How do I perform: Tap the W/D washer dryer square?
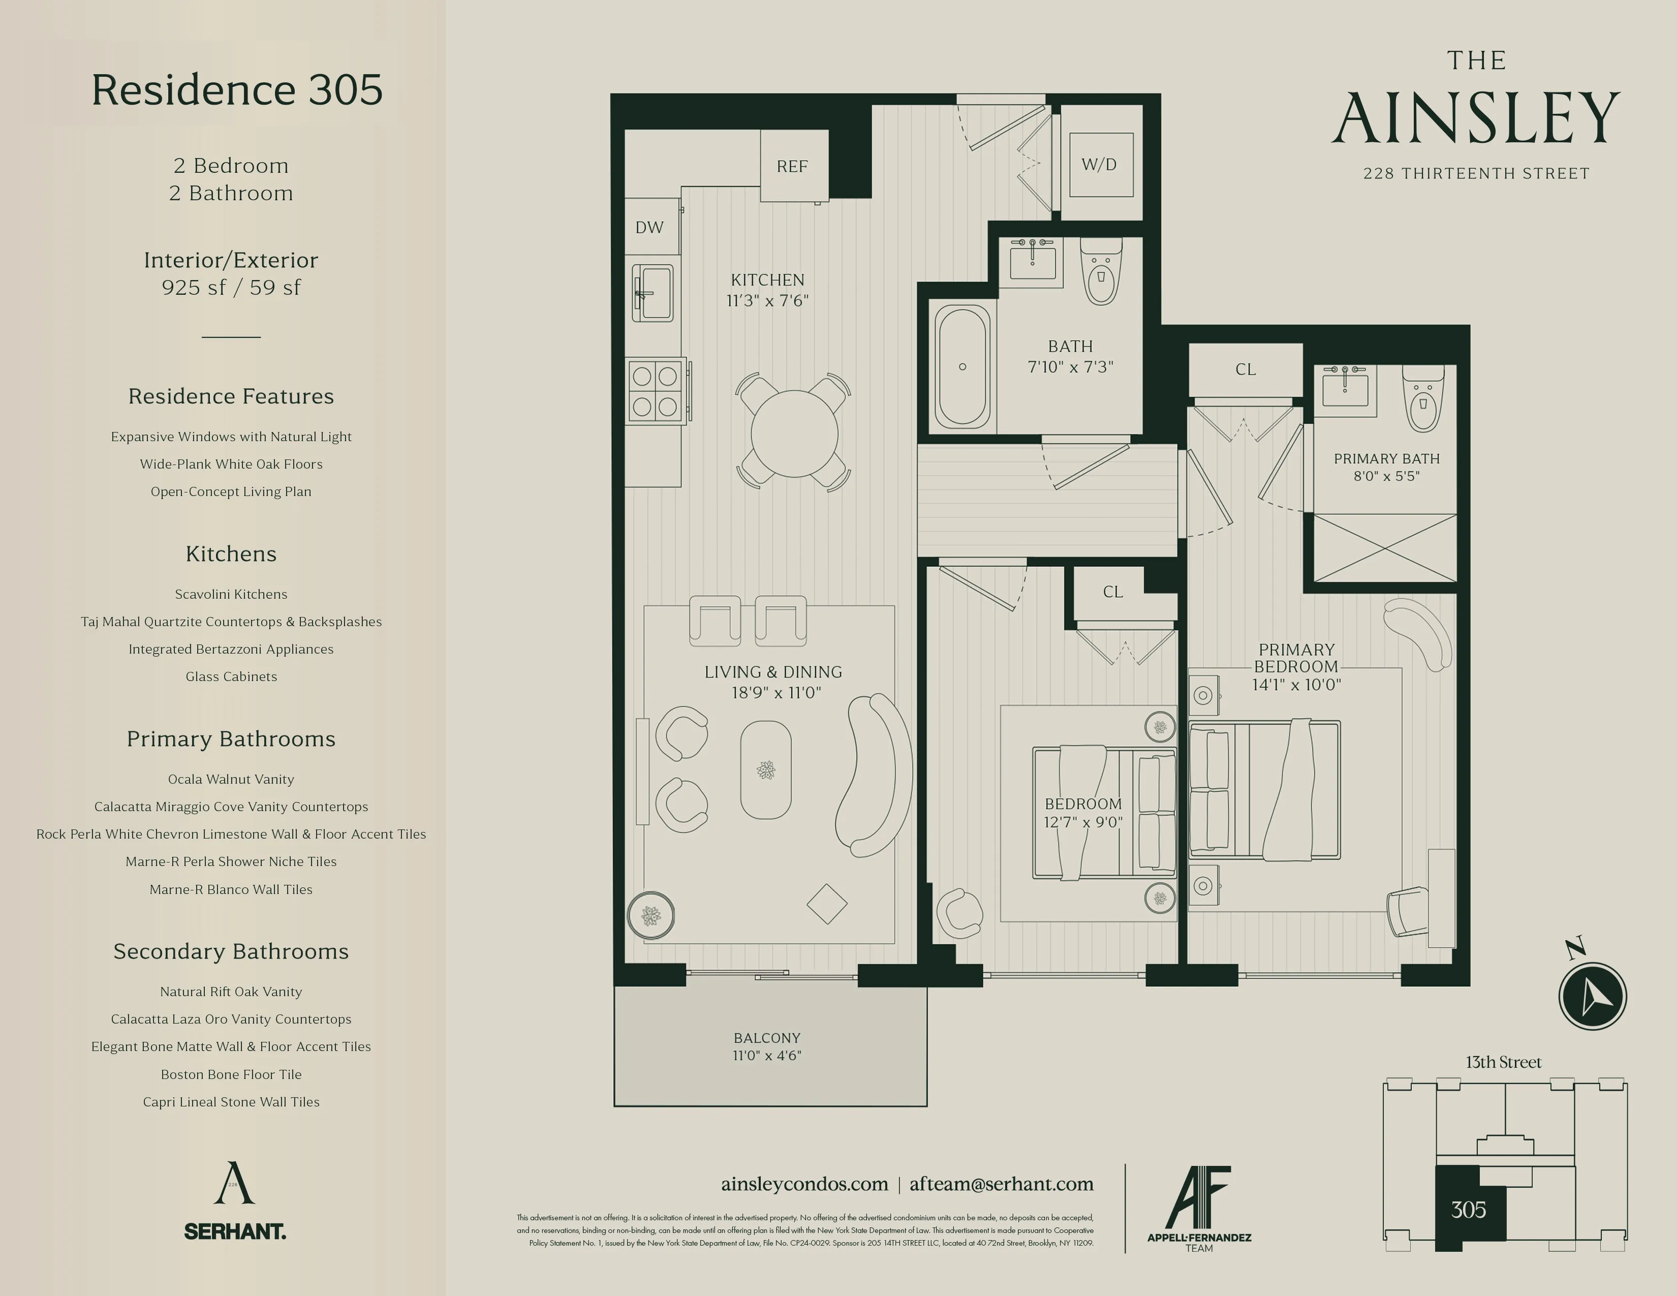1100,164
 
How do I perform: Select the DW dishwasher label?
649,227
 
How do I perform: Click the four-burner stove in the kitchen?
655,390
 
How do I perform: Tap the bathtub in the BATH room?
961,366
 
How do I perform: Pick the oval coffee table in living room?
765,769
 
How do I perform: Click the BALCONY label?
766,1037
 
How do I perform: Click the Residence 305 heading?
236,90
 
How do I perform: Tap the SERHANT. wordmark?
235,1231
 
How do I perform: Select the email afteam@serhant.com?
1001,1184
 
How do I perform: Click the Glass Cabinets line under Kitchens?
231,676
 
